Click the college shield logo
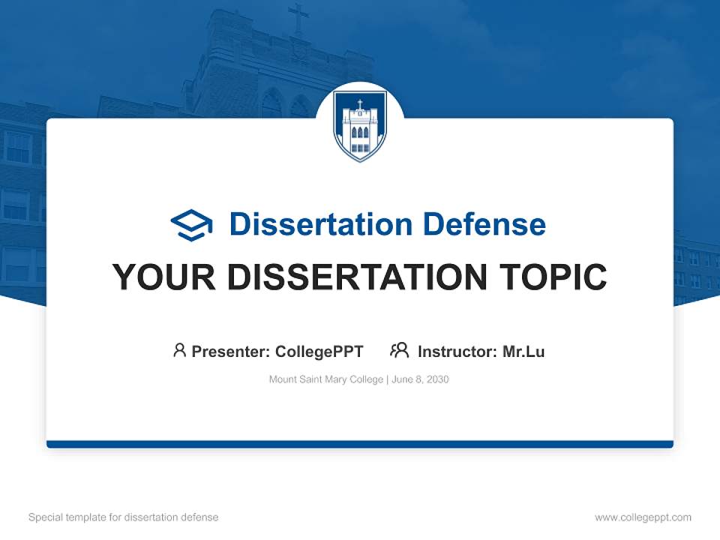[x=360, y=125]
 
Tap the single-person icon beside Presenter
[x=179, y=350]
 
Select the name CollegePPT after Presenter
[x=319, y=351]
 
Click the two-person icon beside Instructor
[x=400, y=350]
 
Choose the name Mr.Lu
[x=523, y=351]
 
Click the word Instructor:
[x=457, y=351]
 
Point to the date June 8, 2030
[x=421, y=379]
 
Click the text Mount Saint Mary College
[x=326, y=379]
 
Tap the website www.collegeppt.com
[x=643, y=517]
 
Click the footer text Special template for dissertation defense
[x=124, y=517]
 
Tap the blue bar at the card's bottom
[x=360, y=444]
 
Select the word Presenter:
[x=231, y=351]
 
